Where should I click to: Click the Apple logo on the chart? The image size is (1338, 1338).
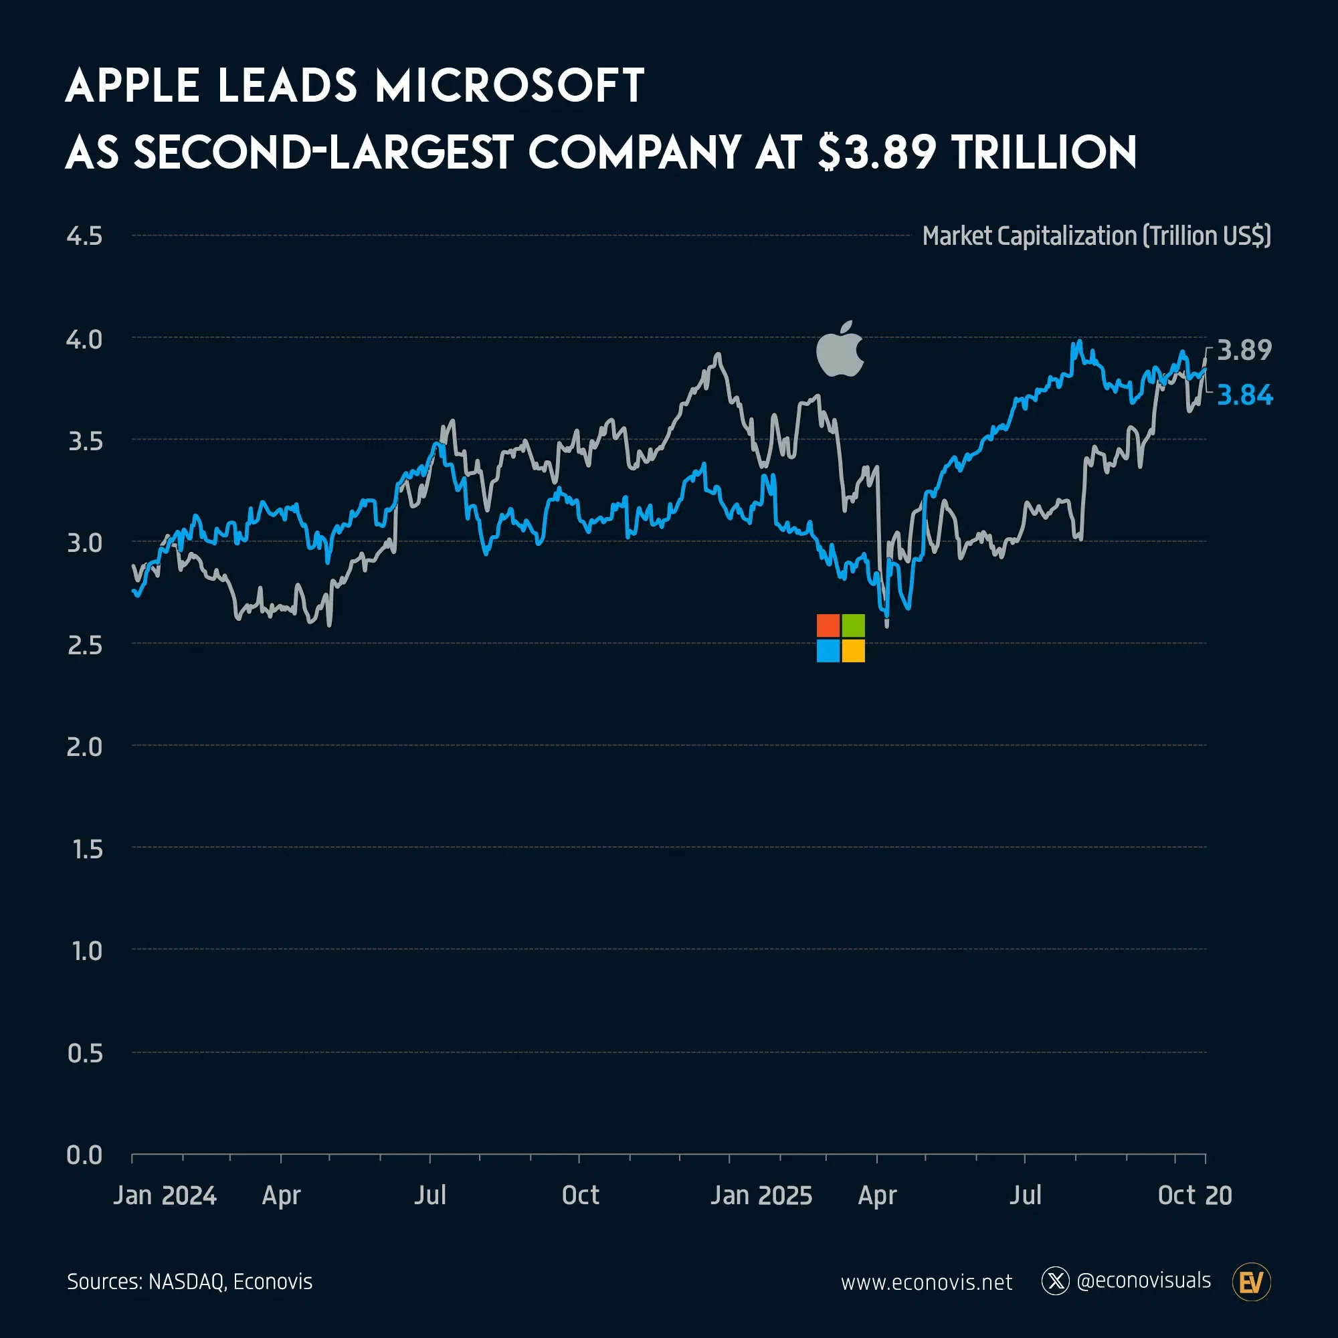coord(840,350)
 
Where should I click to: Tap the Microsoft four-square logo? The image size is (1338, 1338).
coord(841,638)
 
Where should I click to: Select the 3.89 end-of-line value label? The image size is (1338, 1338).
coord(1244,351)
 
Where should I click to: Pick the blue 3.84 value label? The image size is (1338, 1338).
coord(1244,395)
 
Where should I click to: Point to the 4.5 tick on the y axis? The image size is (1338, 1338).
coord(84,236)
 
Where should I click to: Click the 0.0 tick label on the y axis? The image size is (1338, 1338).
coord(84,1155)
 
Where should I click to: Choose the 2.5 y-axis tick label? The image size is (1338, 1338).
coord(84,645)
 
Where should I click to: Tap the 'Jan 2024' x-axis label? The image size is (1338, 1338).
coord(165,1196)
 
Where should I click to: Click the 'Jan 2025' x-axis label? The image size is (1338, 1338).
coord(761,1196)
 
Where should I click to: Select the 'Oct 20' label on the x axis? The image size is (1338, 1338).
coord(1195,1196)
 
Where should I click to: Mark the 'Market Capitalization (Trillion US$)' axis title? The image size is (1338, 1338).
coord(1096,236)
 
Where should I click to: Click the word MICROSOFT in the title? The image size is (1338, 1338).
coord(510,86)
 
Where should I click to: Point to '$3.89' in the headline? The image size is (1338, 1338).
coord(878,153)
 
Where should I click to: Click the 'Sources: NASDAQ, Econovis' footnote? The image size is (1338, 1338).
coord(190,1282)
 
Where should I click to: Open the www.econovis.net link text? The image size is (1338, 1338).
coord(927,1282)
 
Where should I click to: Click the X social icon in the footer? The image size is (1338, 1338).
coord(1056,1281)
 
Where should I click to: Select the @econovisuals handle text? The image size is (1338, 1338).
coord(1143,1281)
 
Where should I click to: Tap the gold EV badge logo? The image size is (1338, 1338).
coord(1252,1282)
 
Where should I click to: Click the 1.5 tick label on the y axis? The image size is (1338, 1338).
coord(87,849)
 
